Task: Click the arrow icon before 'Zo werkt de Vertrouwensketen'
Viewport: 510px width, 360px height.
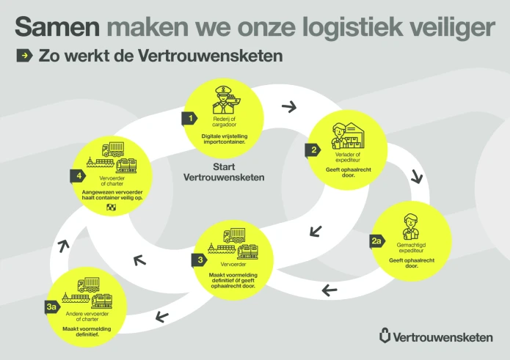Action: pyautogui.click(x=24, y=56)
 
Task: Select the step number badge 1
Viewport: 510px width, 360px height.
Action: pyautogui.click(x=190, y=117)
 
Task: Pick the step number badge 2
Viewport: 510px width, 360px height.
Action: pyautogui.click(x=313, y=150)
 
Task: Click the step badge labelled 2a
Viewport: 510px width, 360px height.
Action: pyautogui.click(x=376, y=240)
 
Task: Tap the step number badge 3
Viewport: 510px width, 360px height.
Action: pyautogui.click(x=200, y=259)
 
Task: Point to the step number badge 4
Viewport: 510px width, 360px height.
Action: pyautogui.click(x=76, y=176)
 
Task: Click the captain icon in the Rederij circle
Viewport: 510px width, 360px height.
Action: pyautogui.click(x=222, y=100)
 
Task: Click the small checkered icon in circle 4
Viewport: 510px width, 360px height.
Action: pyautogui.click(x=112, y=207)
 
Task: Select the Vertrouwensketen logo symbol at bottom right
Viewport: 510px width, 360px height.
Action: pyautogui.click(x=385, y=337)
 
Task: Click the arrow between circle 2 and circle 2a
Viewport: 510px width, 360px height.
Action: pyautogui.click(x=417, y=177)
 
